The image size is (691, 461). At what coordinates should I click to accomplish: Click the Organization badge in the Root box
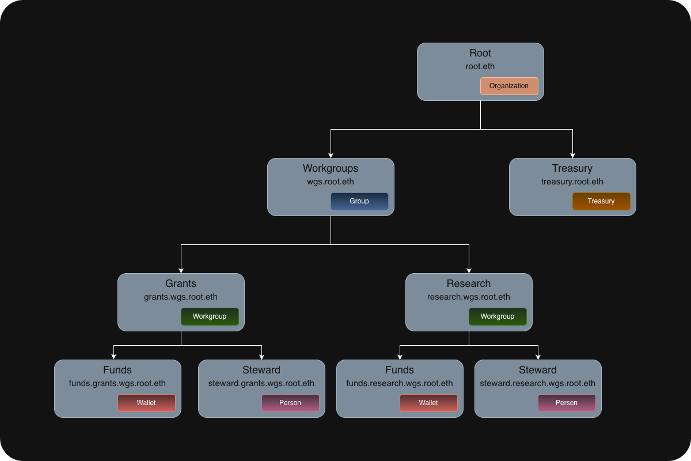click(509, 86)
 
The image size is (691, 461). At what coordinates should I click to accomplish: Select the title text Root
click(480, 53)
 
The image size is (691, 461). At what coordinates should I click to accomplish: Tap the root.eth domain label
click(480, 66)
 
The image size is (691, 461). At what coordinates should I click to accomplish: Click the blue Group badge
click(359, 201)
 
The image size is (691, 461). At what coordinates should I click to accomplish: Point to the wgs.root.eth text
click(331, 182)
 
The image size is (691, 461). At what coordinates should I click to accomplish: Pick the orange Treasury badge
click(601, 201)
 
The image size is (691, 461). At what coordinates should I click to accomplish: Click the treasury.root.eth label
click(572, 182)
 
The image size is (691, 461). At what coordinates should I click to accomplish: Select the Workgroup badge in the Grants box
click(210, 316)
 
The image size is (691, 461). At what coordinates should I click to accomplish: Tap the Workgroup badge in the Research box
click(498, 316)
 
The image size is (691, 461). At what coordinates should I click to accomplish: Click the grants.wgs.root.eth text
click(181, 297)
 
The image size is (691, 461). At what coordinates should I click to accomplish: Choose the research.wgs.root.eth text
click(469, 297)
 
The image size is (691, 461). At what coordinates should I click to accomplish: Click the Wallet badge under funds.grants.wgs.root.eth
click(146, 403)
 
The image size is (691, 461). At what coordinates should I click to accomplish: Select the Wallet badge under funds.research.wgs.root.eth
click(428, 403)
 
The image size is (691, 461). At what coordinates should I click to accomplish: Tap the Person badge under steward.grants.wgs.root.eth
click(290, 403)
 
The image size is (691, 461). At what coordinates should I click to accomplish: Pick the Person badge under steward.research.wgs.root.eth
click(567, 403)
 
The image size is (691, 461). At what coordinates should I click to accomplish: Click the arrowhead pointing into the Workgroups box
click(331, 154)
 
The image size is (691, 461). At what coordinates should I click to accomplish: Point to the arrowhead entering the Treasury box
click(572, 154)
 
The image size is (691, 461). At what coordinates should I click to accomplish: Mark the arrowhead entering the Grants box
click(181, 270)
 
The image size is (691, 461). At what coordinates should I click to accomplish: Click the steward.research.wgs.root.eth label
click(538, 383)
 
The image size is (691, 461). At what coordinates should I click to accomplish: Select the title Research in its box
click(469, 284)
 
